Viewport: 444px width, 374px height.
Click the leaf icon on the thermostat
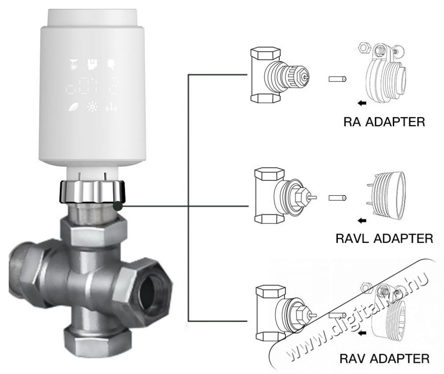pyautogui.click(x=74, y=107)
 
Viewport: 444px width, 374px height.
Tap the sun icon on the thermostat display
pyautogui.click(x=92, y=107)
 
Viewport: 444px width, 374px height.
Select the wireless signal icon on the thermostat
pyautogui.click(x=111, y=107)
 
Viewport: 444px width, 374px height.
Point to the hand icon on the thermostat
pyautogui.click(x=111, y=65)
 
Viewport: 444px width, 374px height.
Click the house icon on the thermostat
pyautogui.click(x=92, y=65)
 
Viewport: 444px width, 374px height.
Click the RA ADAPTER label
pyautogui.click(x=384, y=122)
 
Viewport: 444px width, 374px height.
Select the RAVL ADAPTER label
pyautogui.click(x=384, y=238)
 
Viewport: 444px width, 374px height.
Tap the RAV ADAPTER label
pyautogui.click(x=384, y=359)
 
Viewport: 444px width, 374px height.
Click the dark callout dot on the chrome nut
pyautogui.click(x=118, y=206)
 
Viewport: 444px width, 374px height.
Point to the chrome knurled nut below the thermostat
pyautogui.click(x=92, y=191)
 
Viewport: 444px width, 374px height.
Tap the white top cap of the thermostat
pyautogui.click(x=92, y=18)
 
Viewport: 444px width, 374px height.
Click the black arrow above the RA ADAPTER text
pyautogui.click(x=362, y=103)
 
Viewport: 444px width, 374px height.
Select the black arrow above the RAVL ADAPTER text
pyautogui.click(x=362, y=220)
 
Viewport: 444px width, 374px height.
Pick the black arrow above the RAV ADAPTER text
pyautogui.click(x=362, y=333)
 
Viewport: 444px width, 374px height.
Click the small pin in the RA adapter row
pyautogui.click(x=337, y=79)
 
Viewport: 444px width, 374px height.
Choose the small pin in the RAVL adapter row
pyautogui.click(x=337, y=198)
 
